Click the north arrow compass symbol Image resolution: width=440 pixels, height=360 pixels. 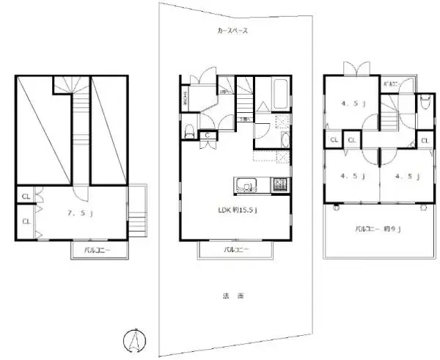coord(135,340)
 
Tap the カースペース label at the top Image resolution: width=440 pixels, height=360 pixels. coord(233,32)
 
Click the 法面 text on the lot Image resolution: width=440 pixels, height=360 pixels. coord(232,296)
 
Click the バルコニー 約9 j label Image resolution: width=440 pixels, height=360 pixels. coord(379,229)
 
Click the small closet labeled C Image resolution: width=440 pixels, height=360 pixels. coord(208,135)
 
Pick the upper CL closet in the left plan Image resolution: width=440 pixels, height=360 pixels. coord(26,196)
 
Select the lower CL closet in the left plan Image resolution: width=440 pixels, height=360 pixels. coord(26,221)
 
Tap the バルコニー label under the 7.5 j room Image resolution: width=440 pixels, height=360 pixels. coord(93,250)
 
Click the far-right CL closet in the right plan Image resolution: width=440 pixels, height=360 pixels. coord(425,140)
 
